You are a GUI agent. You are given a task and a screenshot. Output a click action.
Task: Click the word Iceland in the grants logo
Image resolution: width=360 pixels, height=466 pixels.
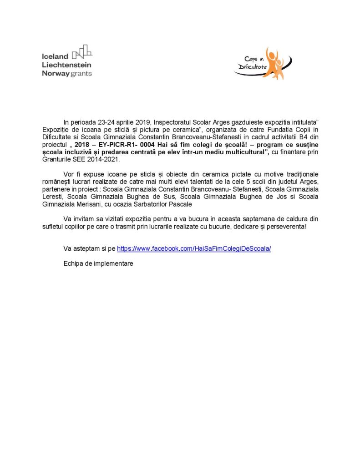point(55,56)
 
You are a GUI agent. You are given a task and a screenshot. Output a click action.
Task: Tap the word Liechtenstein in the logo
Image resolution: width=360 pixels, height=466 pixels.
point(66,65)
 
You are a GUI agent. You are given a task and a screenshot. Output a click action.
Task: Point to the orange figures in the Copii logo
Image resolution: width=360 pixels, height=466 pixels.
point(275,63)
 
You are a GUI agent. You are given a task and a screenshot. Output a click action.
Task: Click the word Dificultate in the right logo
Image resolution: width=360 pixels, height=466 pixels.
point(252,67)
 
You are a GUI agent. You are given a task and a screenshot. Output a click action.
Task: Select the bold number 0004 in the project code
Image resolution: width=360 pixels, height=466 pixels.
point(147,144)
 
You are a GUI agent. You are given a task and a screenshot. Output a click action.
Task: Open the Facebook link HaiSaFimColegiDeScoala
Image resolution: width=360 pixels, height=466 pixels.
point(194,249)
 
